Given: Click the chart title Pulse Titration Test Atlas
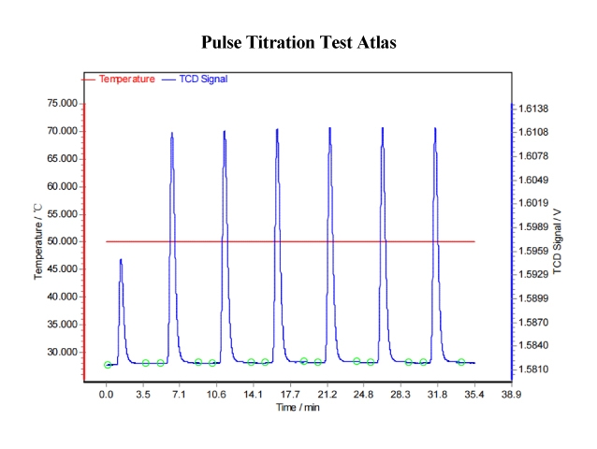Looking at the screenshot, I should [298, 43].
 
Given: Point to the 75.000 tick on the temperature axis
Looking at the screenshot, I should [65, 103].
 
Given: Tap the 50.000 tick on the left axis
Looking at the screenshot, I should [65, 241].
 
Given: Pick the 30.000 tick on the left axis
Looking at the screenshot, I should [65, 352].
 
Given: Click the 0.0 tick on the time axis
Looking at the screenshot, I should [107, 395].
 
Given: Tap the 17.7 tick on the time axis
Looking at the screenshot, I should [290, 395].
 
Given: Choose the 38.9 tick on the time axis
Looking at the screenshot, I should [511, 395].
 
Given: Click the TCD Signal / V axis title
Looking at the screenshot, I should [558, 234].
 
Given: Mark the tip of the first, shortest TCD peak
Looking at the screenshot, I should [121, 259].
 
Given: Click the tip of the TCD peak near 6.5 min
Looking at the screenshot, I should [172, 133].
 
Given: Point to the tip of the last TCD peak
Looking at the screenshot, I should [435, 128].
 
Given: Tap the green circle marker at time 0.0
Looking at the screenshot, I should [108, 365].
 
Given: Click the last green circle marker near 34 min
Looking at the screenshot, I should [461, 362].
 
